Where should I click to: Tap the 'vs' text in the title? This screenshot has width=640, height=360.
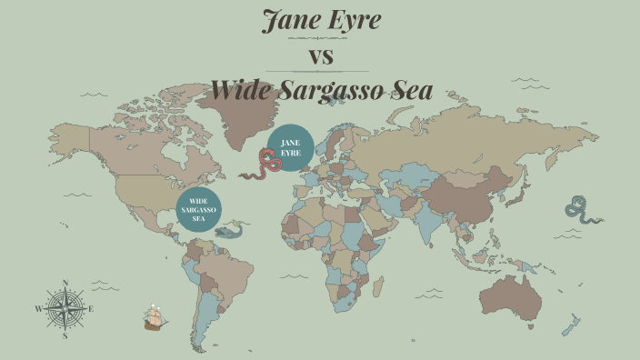[x=322, y=56]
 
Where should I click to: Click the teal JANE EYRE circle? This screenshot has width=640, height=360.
[x=291, y=147]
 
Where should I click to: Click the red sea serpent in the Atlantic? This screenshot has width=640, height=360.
[x=266, y=165]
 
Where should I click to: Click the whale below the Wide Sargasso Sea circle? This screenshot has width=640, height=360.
[x=228, y=231]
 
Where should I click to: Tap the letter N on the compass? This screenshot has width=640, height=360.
[x=65, y=283]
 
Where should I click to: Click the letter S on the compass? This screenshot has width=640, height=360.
[x=65, y=335]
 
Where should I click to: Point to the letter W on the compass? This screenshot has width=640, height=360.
[x=38, y=309]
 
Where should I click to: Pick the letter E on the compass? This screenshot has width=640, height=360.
[x=91, y=309]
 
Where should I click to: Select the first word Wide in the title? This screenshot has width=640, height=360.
[x=241, y=90]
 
